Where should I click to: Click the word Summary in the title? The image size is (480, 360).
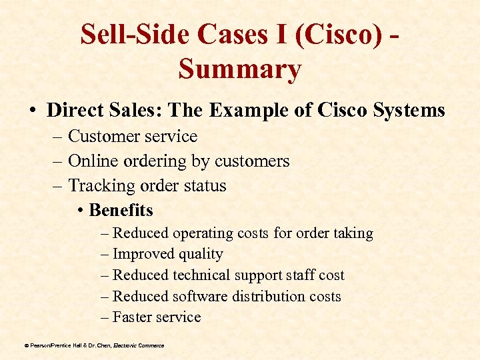[240, 69]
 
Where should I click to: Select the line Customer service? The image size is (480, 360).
[133, 137]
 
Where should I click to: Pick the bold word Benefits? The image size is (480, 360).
[121, 211]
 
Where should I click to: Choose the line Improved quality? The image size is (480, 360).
[167, 254]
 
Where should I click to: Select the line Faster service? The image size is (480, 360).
[157, 317]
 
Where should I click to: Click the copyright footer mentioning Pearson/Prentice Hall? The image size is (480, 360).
[67, 345]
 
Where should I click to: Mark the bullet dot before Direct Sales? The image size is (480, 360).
[33, 110]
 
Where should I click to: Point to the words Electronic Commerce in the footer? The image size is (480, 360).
[139, 345]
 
